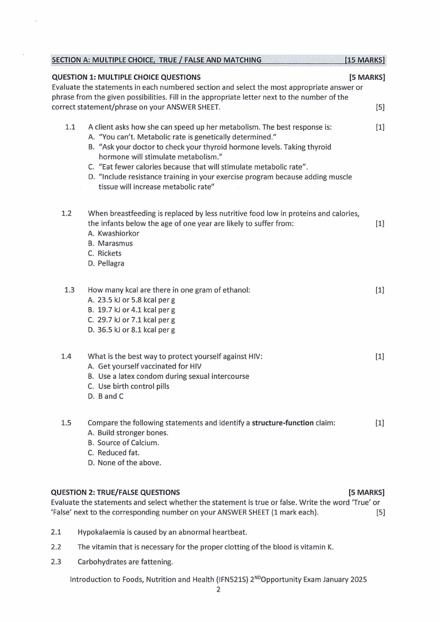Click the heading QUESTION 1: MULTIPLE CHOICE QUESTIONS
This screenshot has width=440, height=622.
point(126,77)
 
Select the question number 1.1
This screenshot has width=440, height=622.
point(70,128)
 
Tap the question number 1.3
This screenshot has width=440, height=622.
point(70,290)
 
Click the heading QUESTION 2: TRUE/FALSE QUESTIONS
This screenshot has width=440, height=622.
point(115,492)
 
